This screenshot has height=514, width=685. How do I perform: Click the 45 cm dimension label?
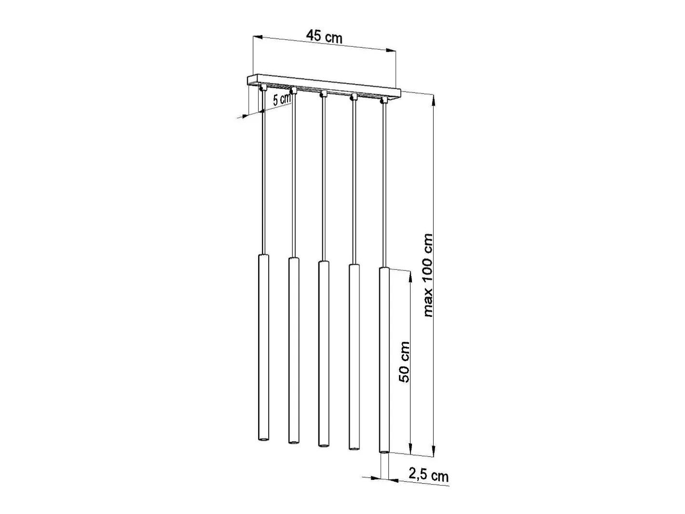(x=324, y=37)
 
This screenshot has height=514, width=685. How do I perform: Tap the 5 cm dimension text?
(x=282, y=99)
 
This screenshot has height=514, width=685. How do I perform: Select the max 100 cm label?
(x=428, y=275)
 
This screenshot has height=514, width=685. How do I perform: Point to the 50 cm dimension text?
(x=404, y=362)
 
